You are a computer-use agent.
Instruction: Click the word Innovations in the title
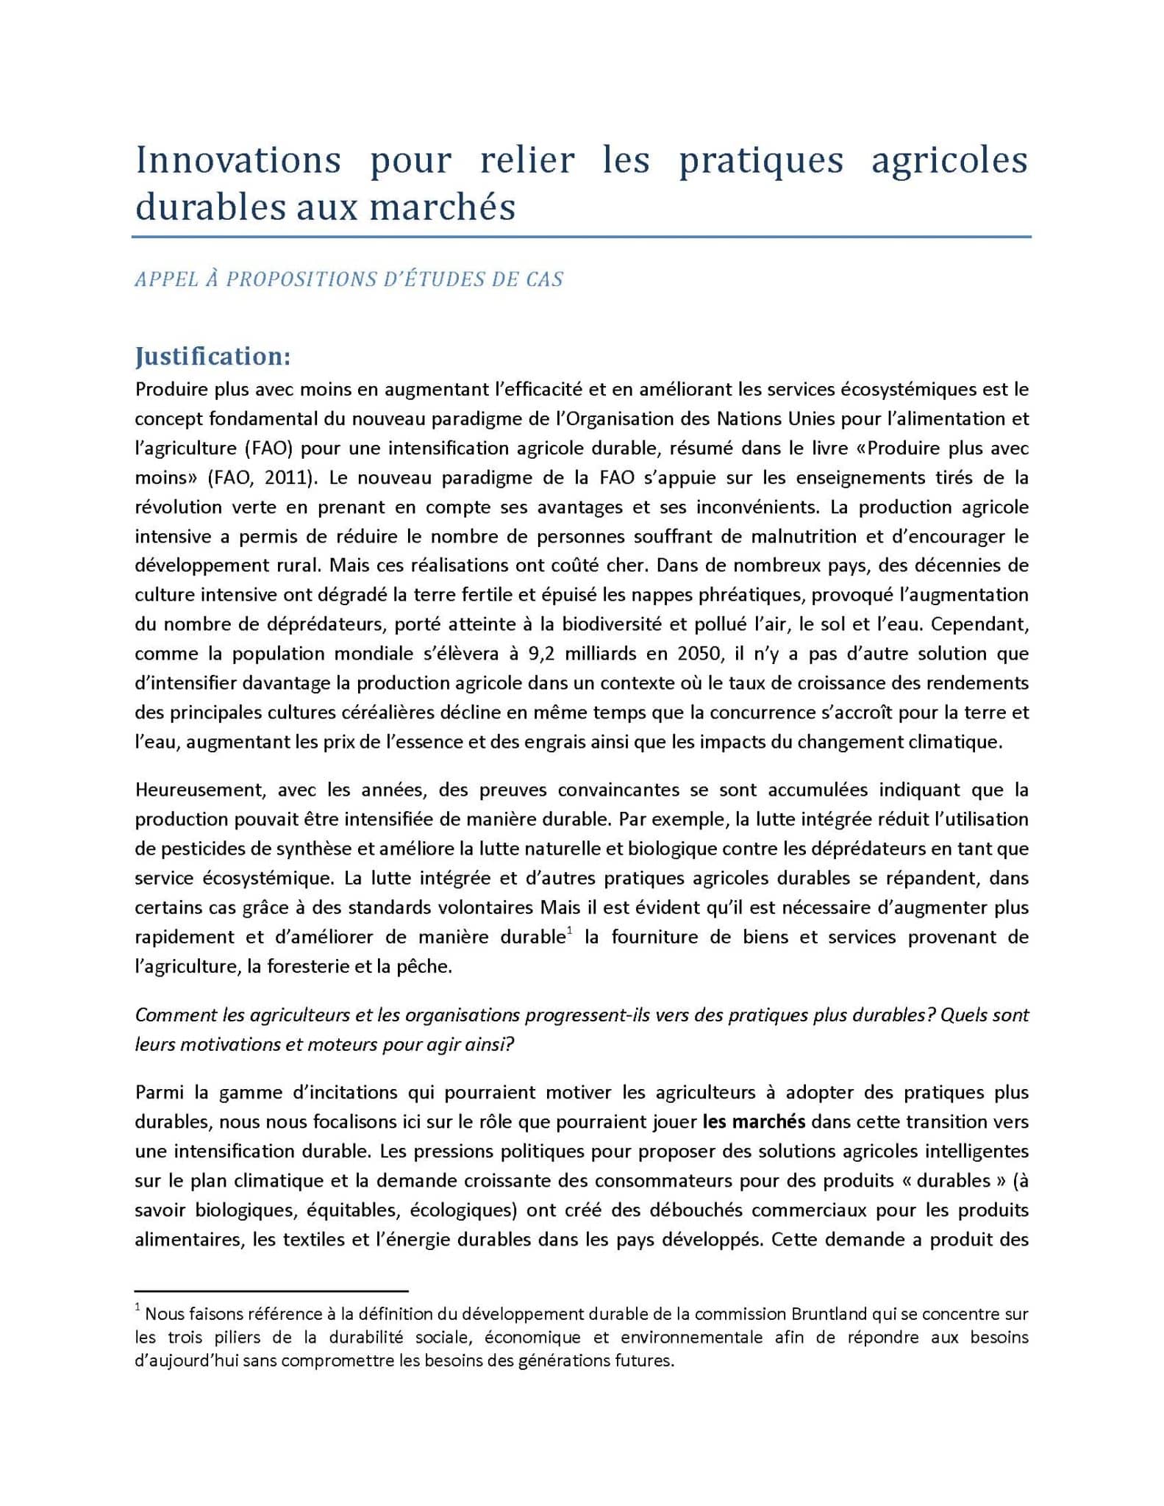[238, 161]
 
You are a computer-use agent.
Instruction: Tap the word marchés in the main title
[442, 207]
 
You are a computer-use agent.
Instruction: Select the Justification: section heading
[213, 357]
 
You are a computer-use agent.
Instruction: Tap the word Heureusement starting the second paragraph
[199, 791]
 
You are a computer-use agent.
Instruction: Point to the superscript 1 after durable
[568, 932]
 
